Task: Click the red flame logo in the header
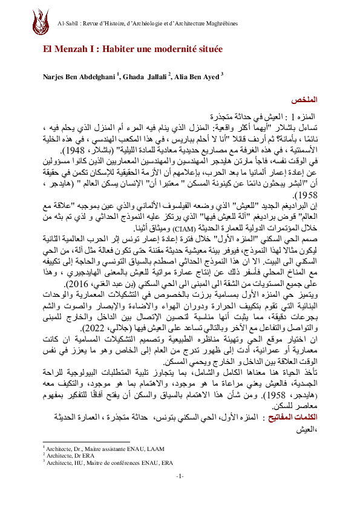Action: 42,24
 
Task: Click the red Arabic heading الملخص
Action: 305,99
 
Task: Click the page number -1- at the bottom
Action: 180,494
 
